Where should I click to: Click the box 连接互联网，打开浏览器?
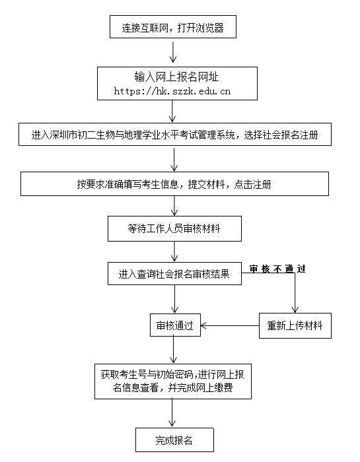tap(173, 28)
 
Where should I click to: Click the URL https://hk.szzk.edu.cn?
tap(173, 91)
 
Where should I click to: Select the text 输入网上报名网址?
tap(173, 77)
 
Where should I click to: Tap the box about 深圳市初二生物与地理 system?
tap(174, 135)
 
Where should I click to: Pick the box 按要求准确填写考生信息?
tap(174, 184)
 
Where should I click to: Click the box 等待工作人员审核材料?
tap(174, 228)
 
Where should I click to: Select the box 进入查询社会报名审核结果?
tap(174, 274)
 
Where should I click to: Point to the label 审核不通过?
tap(277, 269)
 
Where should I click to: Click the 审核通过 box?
tap(174, 325)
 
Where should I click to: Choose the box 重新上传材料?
tap(294, 325)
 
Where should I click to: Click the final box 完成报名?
tap(174, 439)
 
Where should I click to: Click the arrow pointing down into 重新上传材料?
tap(295, 294)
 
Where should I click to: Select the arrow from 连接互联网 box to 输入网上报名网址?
tap(174, 51)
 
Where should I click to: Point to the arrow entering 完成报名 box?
tap(174, 413)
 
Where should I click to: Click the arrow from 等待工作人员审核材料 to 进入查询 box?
tap(174, 251)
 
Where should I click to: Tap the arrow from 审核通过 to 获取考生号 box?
tap(174, 350)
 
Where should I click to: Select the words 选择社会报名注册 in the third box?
tap(277, 135)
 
